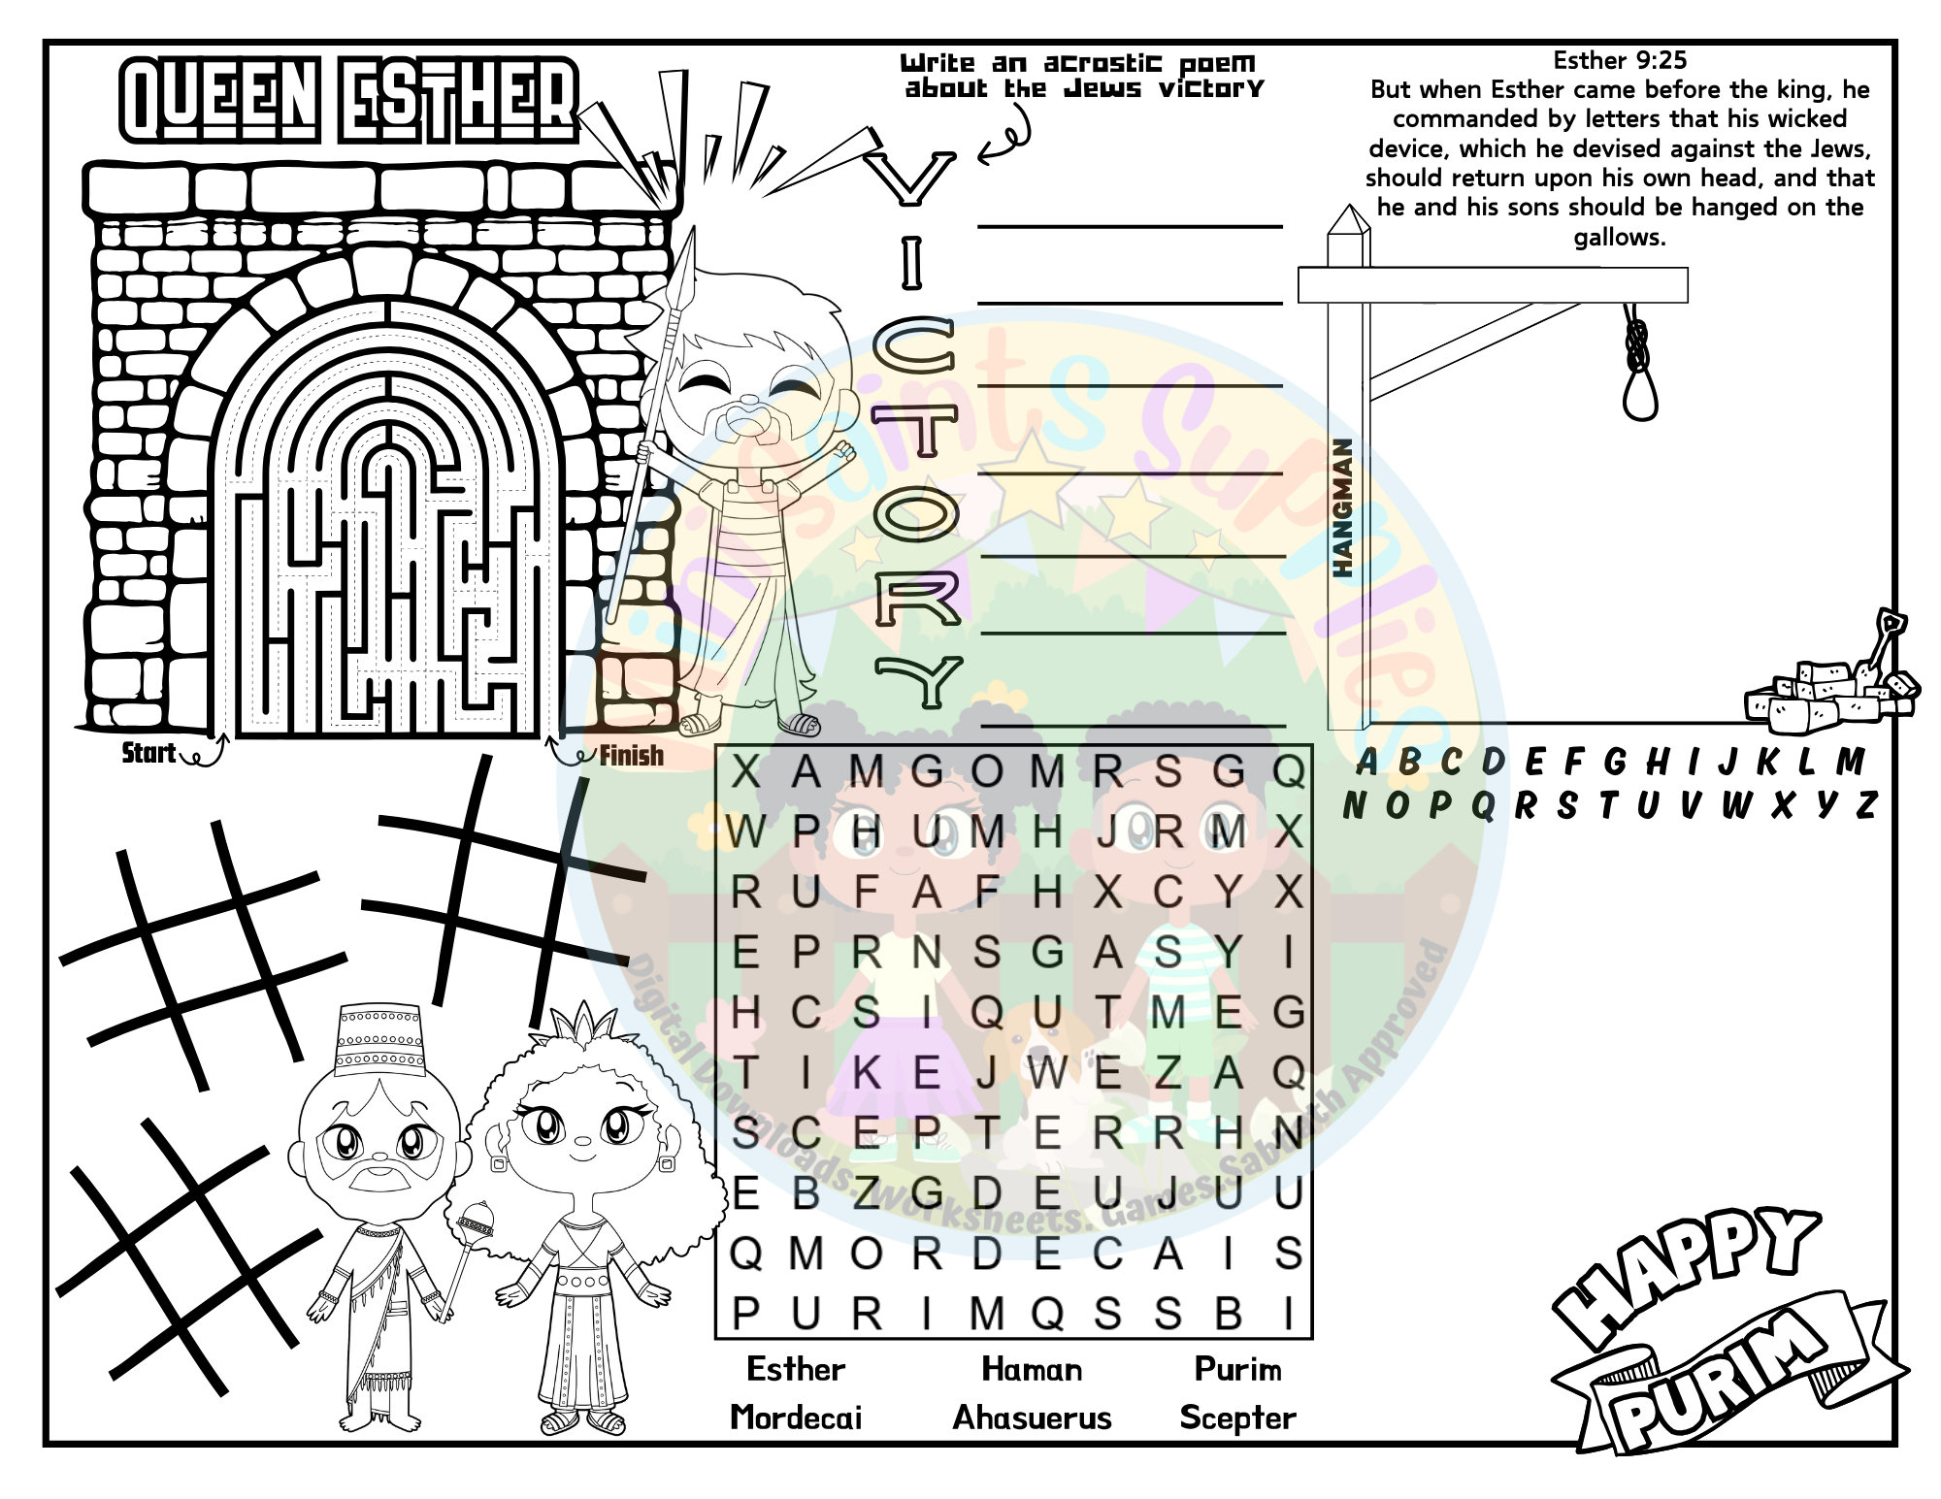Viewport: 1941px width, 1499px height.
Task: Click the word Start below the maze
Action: [148, 753]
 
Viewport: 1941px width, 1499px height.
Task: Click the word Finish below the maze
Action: [631, 756]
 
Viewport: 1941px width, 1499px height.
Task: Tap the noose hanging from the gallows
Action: [1640, 364]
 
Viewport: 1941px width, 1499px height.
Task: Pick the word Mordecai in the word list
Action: [796, 1418]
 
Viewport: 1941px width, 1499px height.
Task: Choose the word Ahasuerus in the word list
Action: [1032, 1418]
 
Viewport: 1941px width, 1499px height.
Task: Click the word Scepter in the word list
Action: [1237, 1418]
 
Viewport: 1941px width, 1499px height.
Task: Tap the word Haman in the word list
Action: [1032, 1369]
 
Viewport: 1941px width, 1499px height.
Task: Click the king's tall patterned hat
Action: [379, 1040]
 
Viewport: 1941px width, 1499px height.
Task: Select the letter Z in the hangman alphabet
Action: [1865, 805]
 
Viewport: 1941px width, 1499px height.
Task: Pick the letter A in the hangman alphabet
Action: [1366, 763]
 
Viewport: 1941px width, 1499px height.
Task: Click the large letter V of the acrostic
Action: [910, 179]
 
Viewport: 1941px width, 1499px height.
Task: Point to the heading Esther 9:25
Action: [1620, 60]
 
